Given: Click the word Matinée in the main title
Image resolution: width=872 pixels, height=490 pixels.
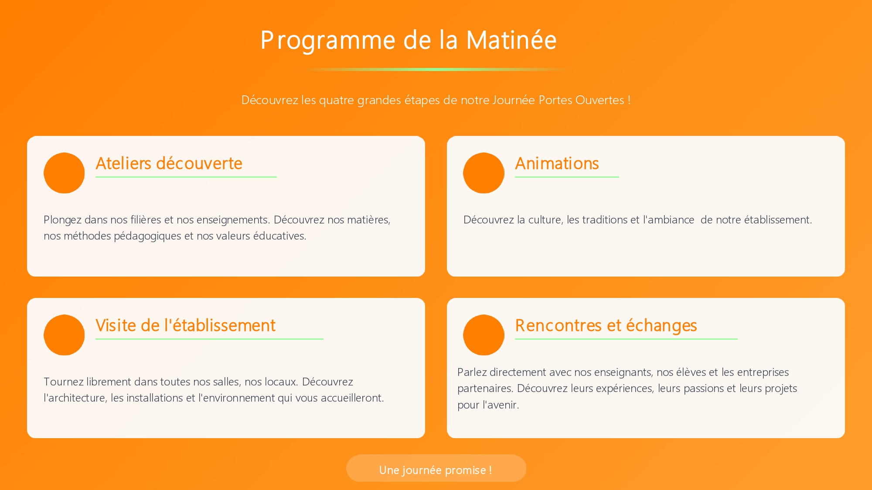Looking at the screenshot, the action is pos(511,40).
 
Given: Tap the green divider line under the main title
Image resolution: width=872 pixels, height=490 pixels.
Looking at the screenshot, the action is pos(436,69).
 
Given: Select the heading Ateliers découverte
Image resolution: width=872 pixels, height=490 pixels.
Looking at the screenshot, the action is pos(169,163).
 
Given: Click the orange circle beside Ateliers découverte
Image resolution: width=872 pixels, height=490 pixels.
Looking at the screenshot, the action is pos(64,173).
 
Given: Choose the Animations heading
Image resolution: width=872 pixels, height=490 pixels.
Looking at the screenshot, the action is pos(557,163).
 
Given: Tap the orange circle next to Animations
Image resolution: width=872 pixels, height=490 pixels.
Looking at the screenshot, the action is pos(484,173).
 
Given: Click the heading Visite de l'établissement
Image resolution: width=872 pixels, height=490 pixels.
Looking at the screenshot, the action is pos(185,325).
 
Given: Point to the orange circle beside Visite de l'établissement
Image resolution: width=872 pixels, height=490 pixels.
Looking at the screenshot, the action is pos(64,335).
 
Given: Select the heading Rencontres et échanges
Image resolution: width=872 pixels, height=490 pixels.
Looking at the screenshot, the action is pos(606,326).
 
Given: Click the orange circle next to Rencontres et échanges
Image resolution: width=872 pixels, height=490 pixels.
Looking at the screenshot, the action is pos(484,335).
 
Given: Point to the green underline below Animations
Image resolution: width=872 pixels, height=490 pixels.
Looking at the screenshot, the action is pos(567,177).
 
